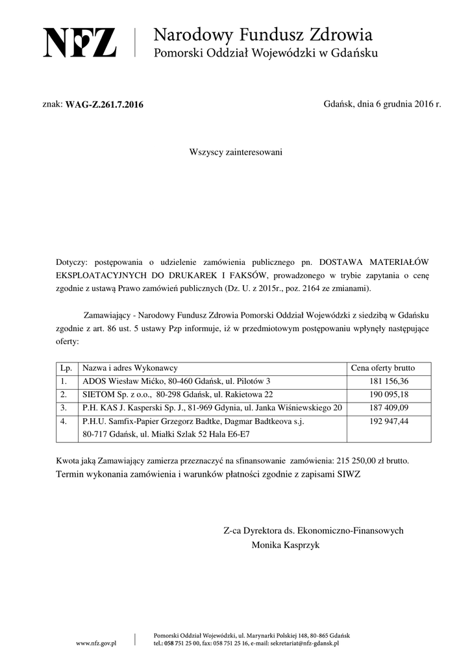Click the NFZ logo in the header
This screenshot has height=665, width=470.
coord(80,42)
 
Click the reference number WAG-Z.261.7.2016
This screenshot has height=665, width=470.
coord(105,105)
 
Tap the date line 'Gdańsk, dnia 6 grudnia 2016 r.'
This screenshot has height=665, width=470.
coord(382,104)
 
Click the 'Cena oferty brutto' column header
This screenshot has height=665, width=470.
coord(382,368)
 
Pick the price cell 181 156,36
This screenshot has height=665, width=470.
coord(389,381)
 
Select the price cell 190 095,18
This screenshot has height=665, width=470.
coord(389,395)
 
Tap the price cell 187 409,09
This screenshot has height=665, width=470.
coord(389,408)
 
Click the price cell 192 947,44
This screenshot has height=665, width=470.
coord(389,422)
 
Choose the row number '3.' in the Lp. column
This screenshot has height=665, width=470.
coord(64,408)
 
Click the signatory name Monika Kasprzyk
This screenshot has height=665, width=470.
coord(286,546)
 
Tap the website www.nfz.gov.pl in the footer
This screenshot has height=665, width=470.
coord(96,643)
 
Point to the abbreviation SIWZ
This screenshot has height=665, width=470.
coord(349,474)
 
